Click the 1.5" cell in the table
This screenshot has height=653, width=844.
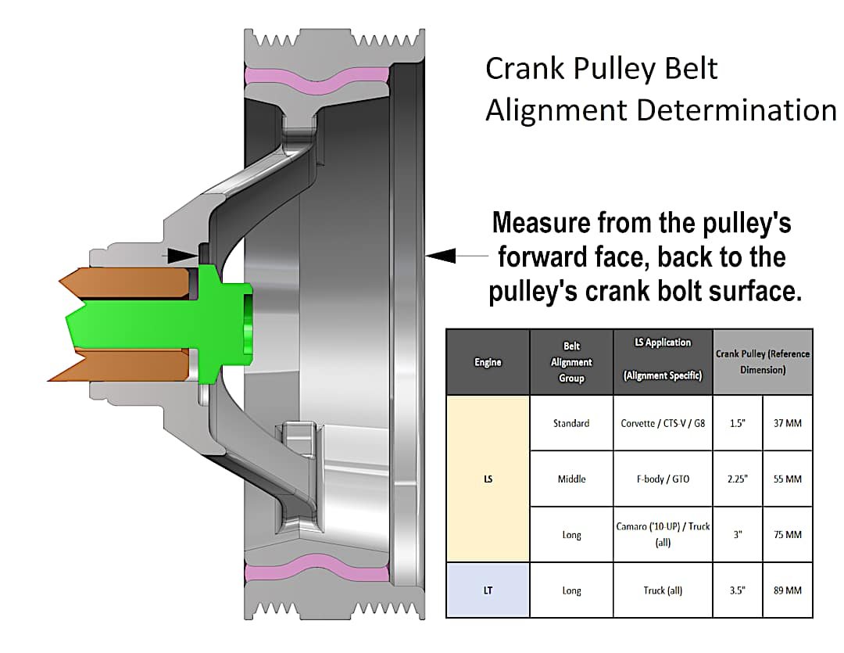coord(737,423)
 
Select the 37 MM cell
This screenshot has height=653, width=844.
coord(787,423)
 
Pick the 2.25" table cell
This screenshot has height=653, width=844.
coord(737,479)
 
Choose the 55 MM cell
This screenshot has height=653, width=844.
coord(787,479)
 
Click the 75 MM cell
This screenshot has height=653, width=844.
coord(787,535)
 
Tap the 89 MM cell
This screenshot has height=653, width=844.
coord(787,590)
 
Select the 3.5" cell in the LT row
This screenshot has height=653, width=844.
coord(737,590)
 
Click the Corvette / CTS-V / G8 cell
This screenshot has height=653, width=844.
coord(663,423)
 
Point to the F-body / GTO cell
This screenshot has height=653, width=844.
coord(663,479)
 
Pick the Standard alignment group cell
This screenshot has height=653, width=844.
coord(571,423)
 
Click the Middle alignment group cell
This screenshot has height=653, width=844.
coord(571,479)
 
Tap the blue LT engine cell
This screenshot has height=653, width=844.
coord(488,590)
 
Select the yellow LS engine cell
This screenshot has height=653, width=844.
coord(488,479)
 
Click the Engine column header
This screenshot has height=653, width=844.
coord(488,362)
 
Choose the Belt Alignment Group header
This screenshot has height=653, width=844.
coord(571,362)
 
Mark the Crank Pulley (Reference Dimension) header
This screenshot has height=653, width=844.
coord(762,361)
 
